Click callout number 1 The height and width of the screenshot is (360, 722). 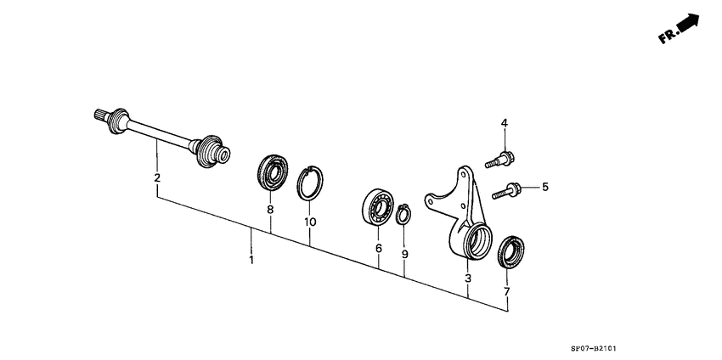click(251, 258)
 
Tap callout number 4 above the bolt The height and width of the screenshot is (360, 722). click(504, 124)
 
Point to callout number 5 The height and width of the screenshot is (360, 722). click(546, 187)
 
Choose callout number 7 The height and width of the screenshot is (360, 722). click(507, 292)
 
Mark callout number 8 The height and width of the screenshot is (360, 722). click(270, 210)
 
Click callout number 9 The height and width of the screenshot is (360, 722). click(404, 254)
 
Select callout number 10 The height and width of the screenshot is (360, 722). click(310, 222)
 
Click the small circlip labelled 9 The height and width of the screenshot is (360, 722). click(403, 213)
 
